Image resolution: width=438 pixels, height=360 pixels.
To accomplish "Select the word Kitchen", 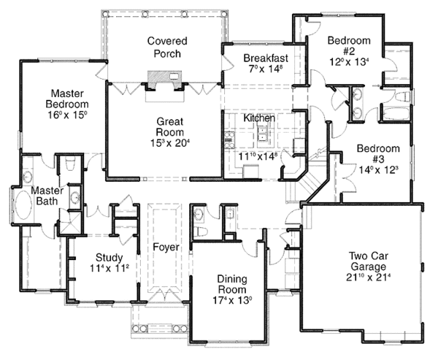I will click(x=259, y=118).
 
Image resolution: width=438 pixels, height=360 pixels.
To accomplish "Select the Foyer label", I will click(x=166, y=247).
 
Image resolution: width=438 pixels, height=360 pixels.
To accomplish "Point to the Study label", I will click(x=108, y=257).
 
